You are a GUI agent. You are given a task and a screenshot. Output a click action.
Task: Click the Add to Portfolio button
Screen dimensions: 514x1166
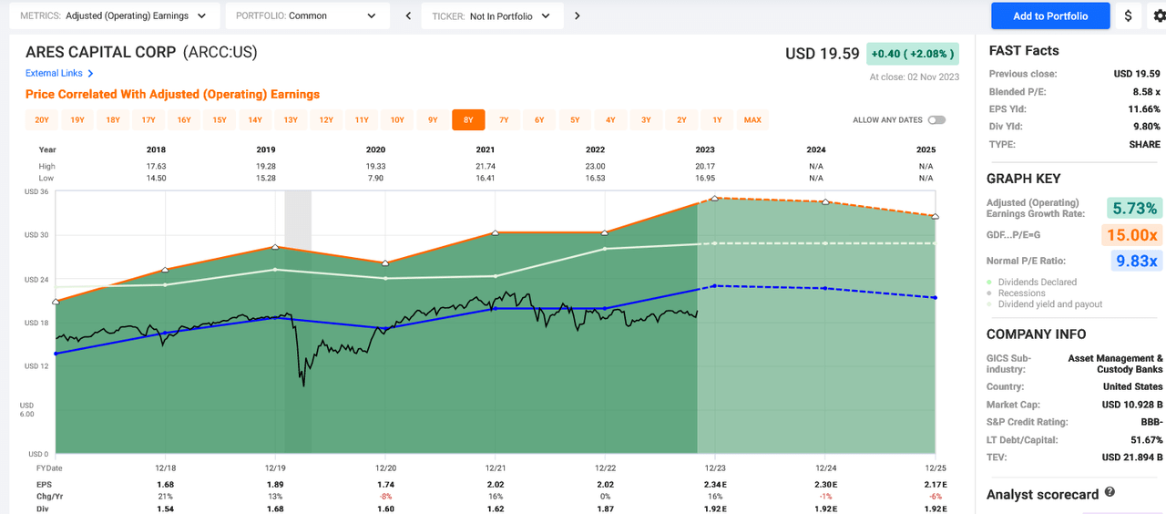click(x=1049, y=15)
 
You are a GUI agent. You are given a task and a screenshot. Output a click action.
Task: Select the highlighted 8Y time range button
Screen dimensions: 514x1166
click(x=468, y=119)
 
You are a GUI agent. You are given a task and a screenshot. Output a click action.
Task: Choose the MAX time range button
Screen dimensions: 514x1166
click(x=752, y=119)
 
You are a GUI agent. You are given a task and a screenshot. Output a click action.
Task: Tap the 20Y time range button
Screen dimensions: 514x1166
click(x=42, y=119)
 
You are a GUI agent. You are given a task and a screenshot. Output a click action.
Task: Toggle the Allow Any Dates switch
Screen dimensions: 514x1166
click(x=936, y=120)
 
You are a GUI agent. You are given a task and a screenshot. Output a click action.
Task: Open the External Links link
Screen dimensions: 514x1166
click(x=59, y=73)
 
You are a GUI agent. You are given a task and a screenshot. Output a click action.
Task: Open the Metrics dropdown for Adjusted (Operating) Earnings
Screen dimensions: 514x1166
click(x=114, y=15)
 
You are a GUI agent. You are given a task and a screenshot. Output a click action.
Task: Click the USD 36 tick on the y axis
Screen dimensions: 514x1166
click(x=36, y=192)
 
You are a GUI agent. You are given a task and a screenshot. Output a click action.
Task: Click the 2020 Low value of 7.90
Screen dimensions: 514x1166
click(x=375, y=179)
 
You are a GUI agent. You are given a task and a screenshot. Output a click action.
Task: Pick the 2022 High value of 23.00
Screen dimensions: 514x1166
click(x=594, y=166)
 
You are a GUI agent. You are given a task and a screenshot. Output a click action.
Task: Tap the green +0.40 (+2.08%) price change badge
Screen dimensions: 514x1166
click(x=912, y=54)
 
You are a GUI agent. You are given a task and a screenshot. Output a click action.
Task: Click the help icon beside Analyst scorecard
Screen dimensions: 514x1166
click(x=1110, y=492)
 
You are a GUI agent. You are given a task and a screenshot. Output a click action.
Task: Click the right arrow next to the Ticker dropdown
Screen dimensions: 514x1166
click(x=578, y=15)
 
